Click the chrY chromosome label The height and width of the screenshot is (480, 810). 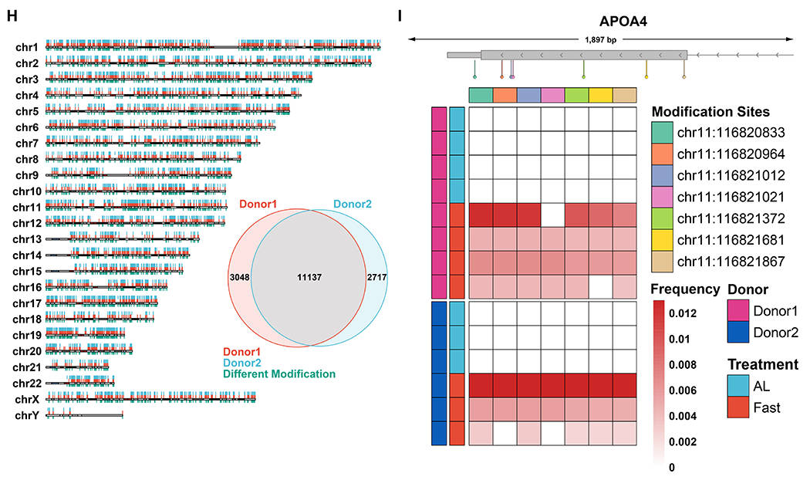pyautogui.click(x=27, y=415)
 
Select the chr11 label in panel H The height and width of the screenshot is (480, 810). pyautogui.click(x=27, y=207)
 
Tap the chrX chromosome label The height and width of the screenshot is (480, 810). pyautogui.click(x=27, y=400)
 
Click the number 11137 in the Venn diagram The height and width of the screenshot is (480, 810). pyautogui.click(x=309, y=278)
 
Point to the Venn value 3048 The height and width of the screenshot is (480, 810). pyautogui.click(x=240, y=278)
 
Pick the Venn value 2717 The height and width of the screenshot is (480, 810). pyautogui.click(x=377, y=278)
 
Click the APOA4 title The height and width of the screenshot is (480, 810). pyautogui.click(x=623, y=21)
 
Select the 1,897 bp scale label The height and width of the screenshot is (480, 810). pyautogui.click(x=601, y=39)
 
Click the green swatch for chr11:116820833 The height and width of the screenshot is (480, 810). pyautogui.click(x=662, y=133)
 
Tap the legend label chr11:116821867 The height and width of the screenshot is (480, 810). pyautogui.click(x=731, y=262)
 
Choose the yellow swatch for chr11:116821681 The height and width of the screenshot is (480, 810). pyautogui.click(x=662, y=240)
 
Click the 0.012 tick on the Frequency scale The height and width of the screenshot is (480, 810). pyautogui.click(x=683, y=313)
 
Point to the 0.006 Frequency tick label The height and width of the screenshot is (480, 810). pyautogui.click(x=683, y=390)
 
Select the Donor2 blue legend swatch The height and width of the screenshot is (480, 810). pyautogui.click(x=738, y=333)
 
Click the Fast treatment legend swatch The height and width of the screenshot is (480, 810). pyautogui.click(x=738, y=407)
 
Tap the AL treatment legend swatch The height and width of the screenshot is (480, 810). pyautogui.click(x=738, y=386)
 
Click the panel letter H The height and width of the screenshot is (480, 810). pyautogui.click(x=12, y=16)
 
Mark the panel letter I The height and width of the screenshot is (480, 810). pyautogui.click(x=400, y=16)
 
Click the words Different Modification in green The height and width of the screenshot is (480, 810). pyautogui.click(x=279, y=374)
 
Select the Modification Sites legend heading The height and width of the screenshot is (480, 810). pyautogui.click(x=710, y=112)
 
